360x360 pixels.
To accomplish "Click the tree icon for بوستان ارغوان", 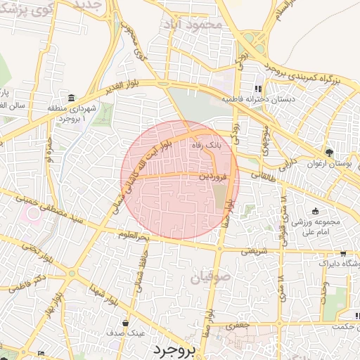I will [329, 153].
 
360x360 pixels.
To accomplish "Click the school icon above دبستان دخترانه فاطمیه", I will [259, 89].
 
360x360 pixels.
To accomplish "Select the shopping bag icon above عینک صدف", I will [125, 323].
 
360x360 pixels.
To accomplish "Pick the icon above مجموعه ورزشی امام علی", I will [316, 212].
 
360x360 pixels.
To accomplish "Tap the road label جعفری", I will [243, 326].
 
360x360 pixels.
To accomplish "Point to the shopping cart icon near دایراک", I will [342, 254].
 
